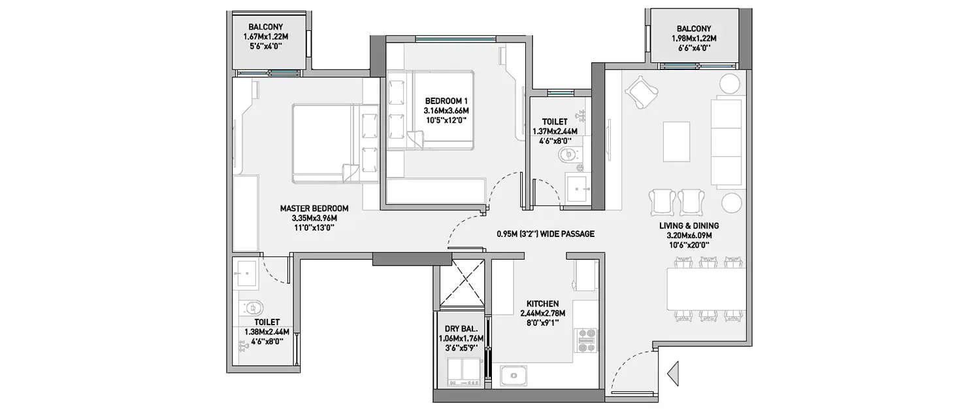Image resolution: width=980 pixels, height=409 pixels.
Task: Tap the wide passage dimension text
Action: tap(544, 234)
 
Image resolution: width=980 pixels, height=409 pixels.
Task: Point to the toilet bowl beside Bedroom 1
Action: tap(568, 155)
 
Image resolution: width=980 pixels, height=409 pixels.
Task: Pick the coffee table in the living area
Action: tap(676, 141)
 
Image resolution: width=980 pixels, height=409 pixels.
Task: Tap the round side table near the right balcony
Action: tap(729, 84)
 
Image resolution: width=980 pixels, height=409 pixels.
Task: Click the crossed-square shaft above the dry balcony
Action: tap(462, 281)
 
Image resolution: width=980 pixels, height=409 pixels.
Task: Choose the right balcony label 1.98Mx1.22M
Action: tap(694, 39)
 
